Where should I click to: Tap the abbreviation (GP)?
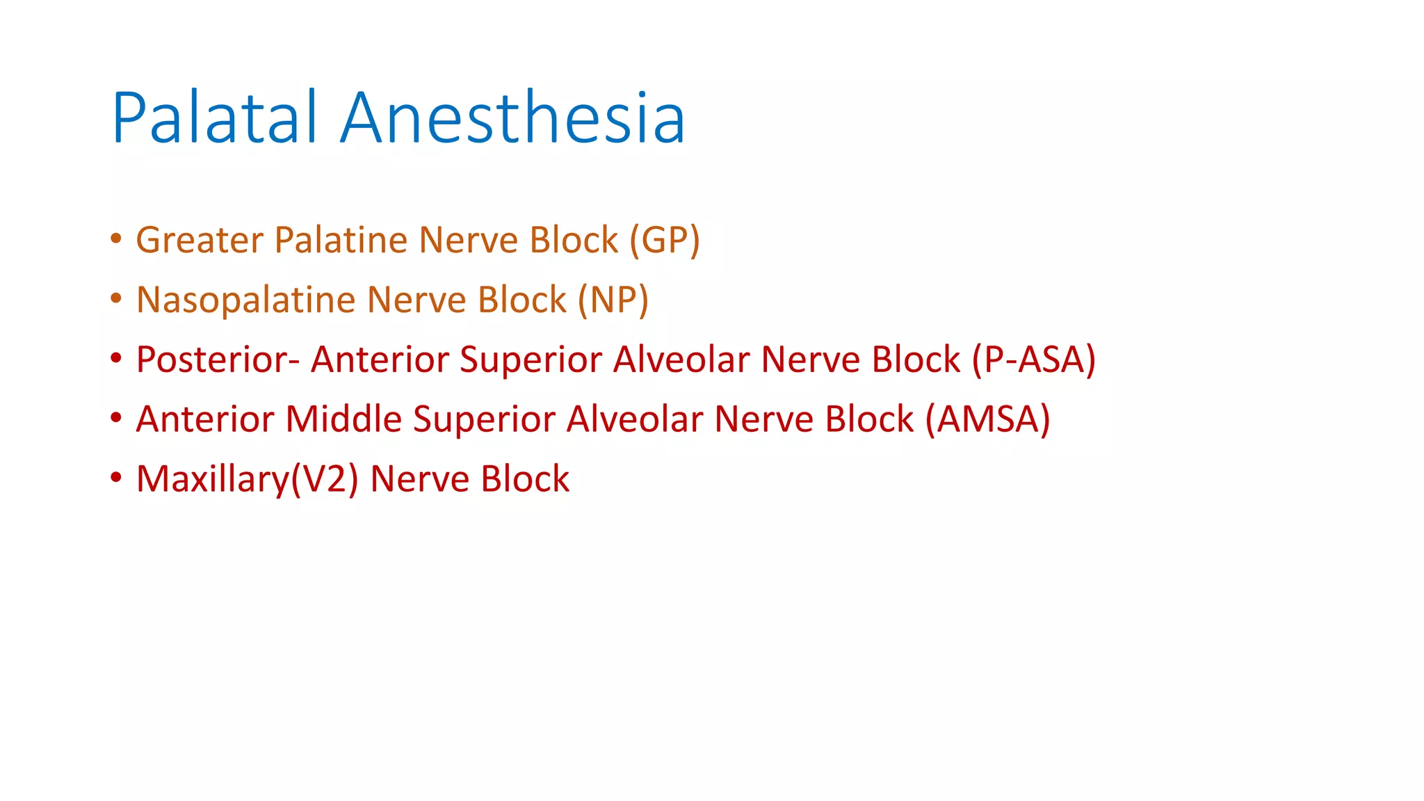665,240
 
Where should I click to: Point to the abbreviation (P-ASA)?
1033,359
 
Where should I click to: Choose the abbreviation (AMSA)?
987,419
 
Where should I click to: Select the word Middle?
343,419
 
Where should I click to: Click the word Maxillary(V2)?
247,479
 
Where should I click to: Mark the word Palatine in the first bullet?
341,240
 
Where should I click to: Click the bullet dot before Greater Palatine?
116,239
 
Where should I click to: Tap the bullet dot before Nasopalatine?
116,299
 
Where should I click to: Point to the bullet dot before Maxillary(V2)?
116,478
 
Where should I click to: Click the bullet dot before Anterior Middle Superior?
116,419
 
